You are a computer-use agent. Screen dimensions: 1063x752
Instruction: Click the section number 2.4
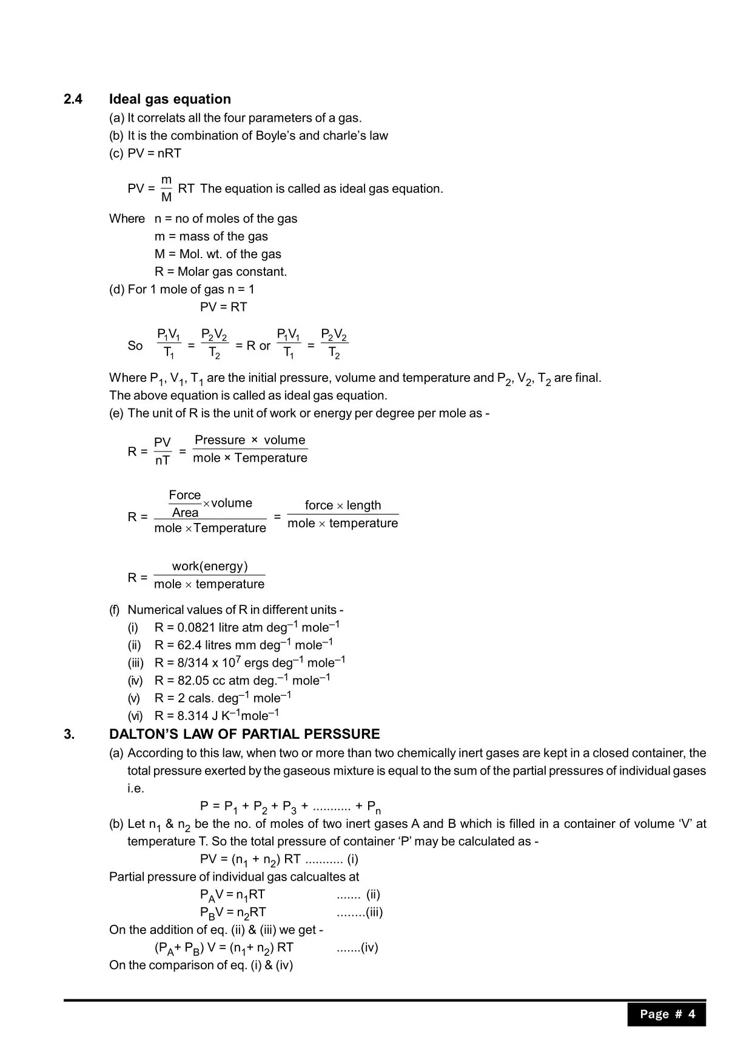coord(73,99)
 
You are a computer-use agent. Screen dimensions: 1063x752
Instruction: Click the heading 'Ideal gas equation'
coord(170,99)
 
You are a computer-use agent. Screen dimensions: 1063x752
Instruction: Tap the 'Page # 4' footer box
coord(666,1014)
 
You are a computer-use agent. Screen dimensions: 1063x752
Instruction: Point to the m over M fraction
coord(166,188)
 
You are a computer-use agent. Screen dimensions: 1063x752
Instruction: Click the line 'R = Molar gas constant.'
coord(221,272)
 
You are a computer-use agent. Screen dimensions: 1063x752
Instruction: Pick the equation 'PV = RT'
coord(223,307)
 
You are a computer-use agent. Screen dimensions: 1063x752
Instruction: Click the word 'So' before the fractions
coord(135,345)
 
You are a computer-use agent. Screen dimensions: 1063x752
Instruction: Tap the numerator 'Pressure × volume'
coord(250,440)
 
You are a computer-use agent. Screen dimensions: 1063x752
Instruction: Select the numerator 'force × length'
coord(343,505)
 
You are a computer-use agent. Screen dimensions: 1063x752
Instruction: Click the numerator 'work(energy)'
coord(210,566)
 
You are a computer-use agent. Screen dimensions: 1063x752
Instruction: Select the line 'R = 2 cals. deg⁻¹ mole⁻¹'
coord(223,698)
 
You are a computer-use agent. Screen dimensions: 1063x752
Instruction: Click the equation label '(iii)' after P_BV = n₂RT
coord(374,912)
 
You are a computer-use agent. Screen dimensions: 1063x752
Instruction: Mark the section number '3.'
coord(69,735)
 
